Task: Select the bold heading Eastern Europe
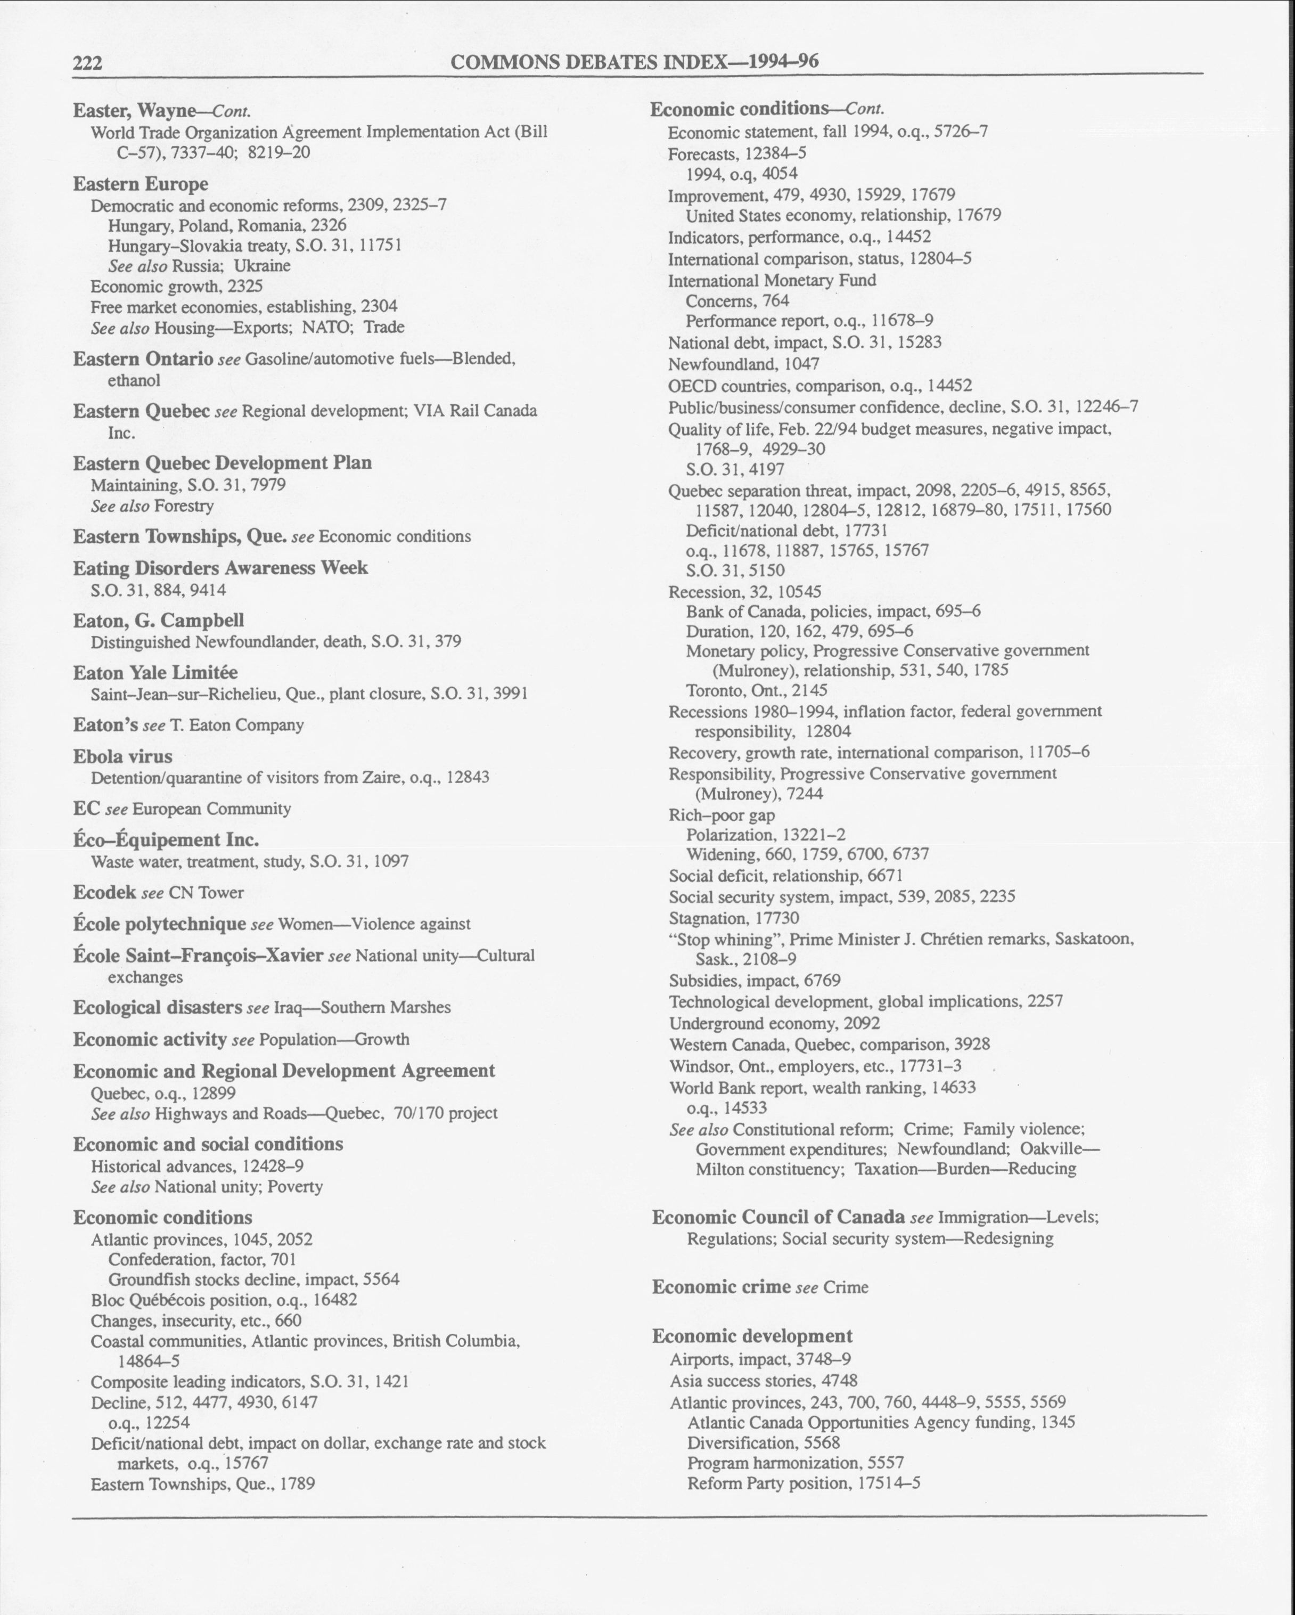[x=140, y=184]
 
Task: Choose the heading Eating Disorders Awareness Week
[x=220, y=568]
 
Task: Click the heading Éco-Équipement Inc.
[x=166, y=839]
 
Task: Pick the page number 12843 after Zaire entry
[x=468, y=777]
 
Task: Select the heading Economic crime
[x=722, y=1287]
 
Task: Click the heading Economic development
[x=752, y=1335]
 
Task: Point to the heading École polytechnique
[x=160, y=924]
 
